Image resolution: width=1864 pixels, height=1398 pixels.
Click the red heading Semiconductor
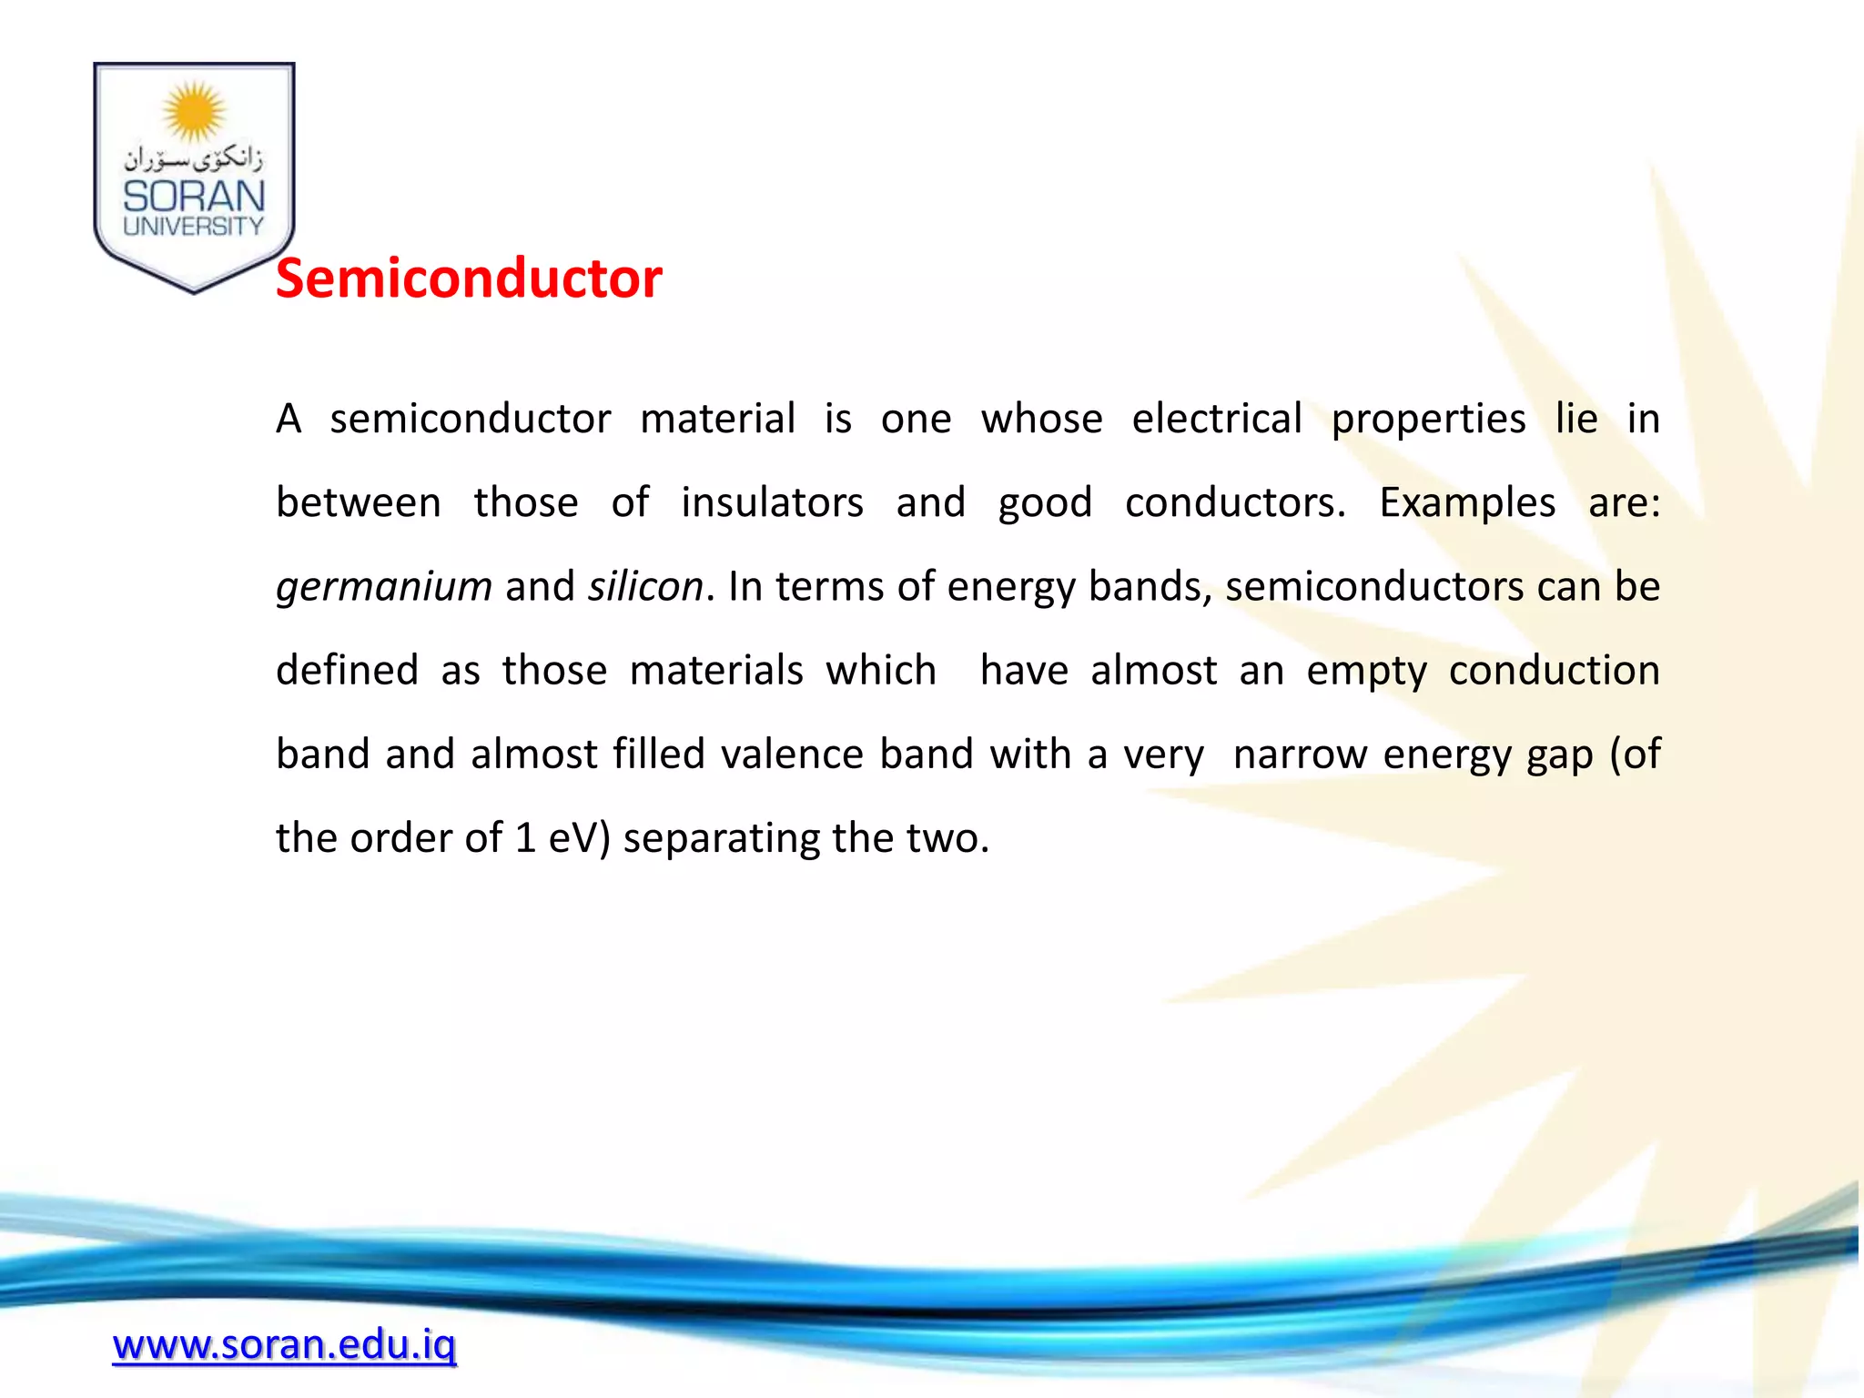tap(469, 279)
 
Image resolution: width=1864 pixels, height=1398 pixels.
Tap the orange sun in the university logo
tap(194, 112)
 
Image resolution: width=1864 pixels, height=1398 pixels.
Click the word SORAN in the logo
tap(194, 196)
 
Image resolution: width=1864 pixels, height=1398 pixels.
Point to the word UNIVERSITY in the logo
tap(194, 227)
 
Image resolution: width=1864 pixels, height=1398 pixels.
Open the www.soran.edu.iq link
tap(284, 1344)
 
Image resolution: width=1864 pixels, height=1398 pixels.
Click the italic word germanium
tap(384, 587)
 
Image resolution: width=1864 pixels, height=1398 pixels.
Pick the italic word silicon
tap(645, 587)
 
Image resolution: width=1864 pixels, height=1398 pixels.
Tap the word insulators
tap(772, 502)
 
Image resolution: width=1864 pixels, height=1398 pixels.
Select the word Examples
tap(1467, 502)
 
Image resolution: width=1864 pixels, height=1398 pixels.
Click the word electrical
tap(1217, 419)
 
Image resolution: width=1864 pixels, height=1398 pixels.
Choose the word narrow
tap(1300, 755)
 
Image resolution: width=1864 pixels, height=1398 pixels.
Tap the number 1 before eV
tap(525, 838)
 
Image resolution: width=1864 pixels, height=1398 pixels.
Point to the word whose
tap(1041, 419)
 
